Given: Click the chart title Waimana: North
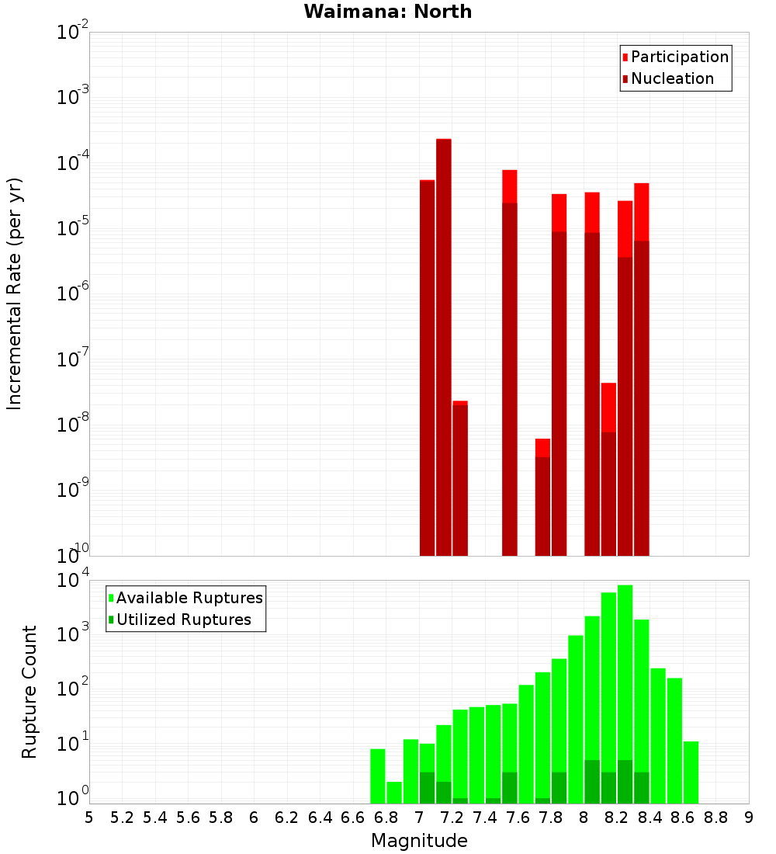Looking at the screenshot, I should point(387,12).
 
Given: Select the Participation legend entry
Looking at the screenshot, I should point(679,57).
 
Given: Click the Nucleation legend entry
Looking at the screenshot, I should point(671,78).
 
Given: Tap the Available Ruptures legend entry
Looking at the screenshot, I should point(189,598).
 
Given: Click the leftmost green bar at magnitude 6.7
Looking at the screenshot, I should point(377,776).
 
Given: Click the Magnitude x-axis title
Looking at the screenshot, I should point(419,841).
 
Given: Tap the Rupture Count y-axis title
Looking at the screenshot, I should point(29,692).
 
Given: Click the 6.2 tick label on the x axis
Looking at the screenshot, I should point(287,817).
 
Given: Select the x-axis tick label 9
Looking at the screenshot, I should point(749,817).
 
